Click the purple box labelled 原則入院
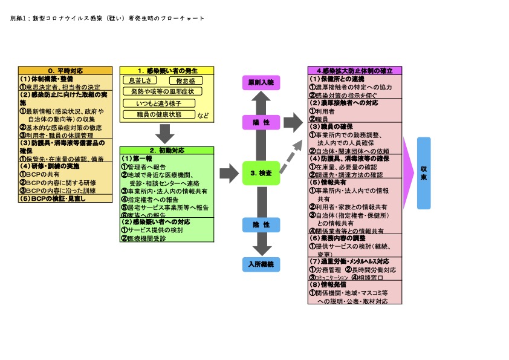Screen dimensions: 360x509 261,82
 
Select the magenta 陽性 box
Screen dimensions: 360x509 261,122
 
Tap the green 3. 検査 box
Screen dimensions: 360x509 261,173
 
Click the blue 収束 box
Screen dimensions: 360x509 423,173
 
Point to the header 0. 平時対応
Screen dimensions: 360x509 65,70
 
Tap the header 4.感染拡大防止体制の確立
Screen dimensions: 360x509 355,70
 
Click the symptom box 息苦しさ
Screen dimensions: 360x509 141,80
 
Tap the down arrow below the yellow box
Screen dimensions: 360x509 164,133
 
